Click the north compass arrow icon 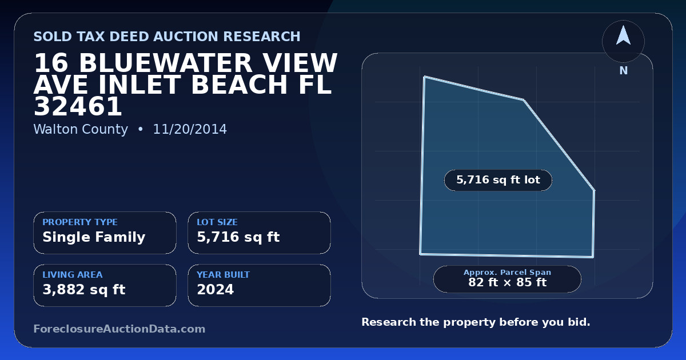point(623,36)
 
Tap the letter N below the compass point(624,71)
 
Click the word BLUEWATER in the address point(166,63)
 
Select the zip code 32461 point(78,106)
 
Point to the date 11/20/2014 point(190,129)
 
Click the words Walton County point(81,129)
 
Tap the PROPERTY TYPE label point(80,222)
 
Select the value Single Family point(94,237)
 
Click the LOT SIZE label point(217,222)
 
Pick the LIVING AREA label point(73,275)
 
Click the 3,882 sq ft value point(84,290)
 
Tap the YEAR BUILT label point(224,275)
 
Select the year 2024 point(216,290)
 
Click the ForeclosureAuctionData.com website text point(119,329)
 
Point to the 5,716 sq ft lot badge point(498,180)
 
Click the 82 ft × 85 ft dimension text point(507,282)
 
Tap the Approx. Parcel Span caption point(507,272)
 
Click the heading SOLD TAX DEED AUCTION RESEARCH point(167,37)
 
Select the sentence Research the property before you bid point(476,322)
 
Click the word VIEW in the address point(300,63)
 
